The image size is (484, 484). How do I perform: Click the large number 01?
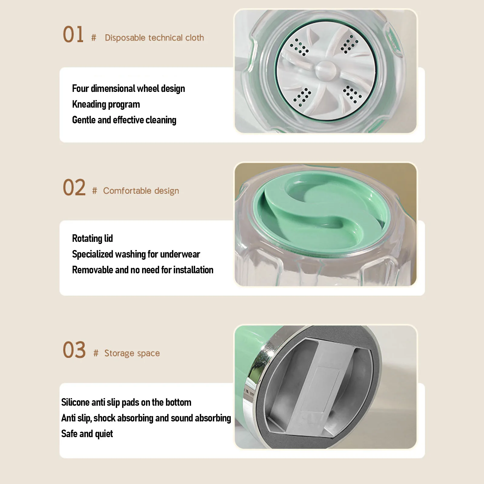[73, 34]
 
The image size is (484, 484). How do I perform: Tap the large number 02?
[74, 187]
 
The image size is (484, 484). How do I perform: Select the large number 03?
[74, 350]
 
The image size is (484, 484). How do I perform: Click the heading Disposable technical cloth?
[154, 38]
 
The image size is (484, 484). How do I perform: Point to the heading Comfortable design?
[141, 191]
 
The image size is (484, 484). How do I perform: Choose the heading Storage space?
[132, 353]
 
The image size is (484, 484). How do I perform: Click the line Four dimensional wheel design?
[128, 89]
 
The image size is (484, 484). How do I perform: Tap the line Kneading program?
[106, 104]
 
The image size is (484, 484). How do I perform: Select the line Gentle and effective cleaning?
[124, 120]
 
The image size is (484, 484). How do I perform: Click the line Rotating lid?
[92, 239]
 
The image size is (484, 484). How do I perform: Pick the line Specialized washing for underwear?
[136, 254]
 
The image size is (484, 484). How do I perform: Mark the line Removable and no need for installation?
[143, 270]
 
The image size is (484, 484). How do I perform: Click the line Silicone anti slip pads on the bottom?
[126, 402]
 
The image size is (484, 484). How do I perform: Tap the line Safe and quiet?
[87, 434]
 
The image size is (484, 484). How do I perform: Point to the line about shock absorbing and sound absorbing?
[146, 418]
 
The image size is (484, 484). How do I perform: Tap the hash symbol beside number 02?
[95, 191]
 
